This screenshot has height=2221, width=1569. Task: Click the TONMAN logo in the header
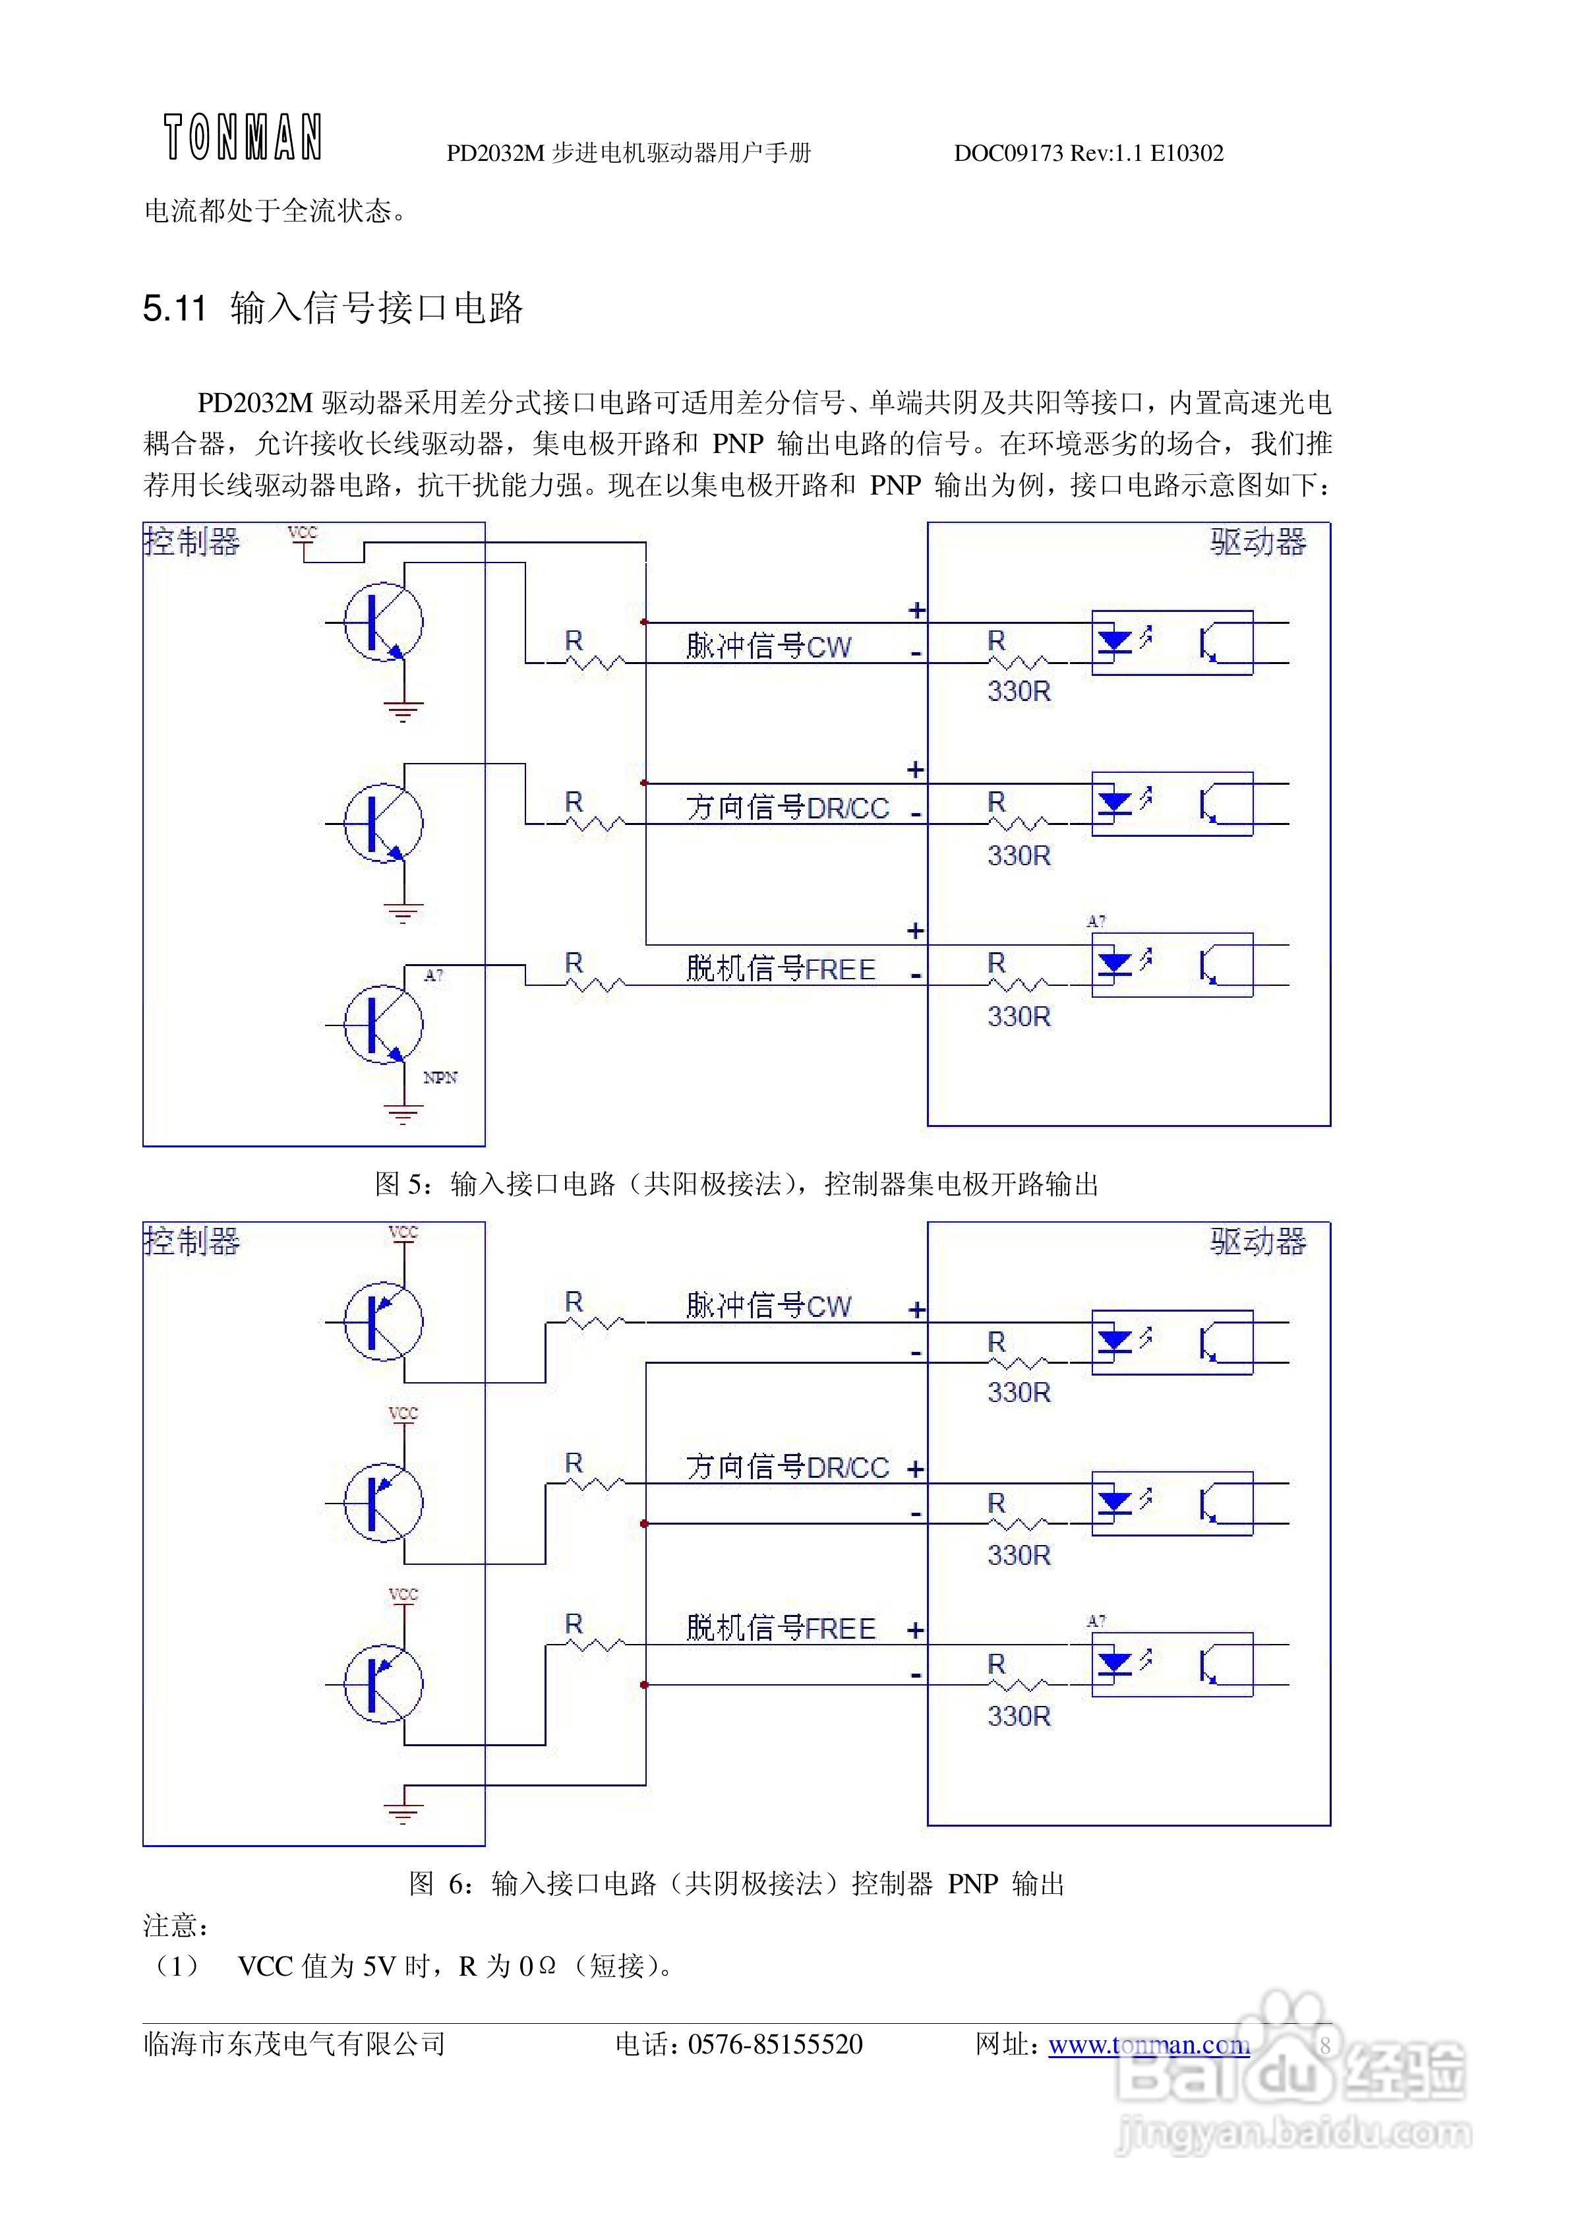pyautogui.click(x=242, y=137)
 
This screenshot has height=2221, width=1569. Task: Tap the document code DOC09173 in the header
pyautogui.click(x=1008, y=154)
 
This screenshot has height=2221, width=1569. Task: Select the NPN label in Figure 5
pyautogui.click(x=440, y=1078)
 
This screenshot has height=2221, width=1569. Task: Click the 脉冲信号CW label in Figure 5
pyautogui.click(x=769, y=646)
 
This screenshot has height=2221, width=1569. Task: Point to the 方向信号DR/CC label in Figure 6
pyautogui.click(x=787, y=1467)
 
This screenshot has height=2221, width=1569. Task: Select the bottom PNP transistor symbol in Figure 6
pyautogui.click(x=383, y=1684)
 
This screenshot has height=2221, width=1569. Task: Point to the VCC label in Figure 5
pyautogui.click(x=303, y=533)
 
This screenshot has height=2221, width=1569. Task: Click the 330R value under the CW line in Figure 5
pyautogui.click(x=1019, y=692)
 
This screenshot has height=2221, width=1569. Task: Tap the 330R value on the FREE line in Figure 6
pyautogui.click(x=1019, y=1716)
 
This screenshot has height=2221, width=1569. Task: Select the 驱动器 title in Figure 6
pyautogui.click(x=1258, y=1241)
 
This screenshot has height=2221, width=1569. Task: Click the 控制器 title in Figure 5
pyautogui.click(x=192, y=541)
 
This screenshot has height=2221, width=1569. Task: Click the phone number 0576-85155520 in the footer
pyautogui.click(x=775, y=2044)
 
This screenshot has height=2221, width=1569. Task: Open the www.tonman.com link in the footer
pyautogui.click(x=1148, y=2045)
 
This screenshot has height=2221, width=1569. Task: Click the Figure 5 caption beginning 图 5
pyautogui.click(x=736, y=1184)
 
